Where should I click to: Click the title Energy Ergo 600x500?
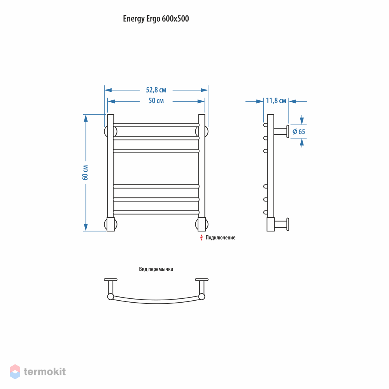point(156,19)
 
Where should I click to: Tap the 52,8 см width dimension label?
point(156,90)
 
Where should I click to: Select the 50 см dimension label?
point(156,101)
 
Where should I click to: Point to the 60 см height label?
point(85,172)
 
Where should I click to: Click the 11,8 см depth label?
point(276,101)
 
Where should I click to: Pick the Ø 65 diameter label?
point(299,131)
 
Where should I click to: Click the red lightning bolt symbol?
point(202,237)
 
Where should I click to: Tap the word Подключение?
point(221,238)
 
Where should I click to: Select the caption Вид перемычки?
point(156,269)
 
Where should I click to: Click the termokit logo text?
point(45,371)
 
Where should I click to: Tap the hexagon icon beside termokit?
point(15,371)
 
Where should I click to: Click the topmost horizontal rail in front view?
point(156,125)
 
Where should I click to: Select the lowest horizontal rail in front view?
point(156,212)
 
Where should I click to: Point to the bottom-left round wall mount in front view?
point(110,224)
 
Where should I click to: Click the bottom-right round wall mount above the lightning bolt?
point(202,224)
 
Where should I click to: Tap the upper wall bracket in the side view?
point(281,131)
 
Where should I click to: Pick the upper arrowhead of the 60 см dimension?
point(86,118)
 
